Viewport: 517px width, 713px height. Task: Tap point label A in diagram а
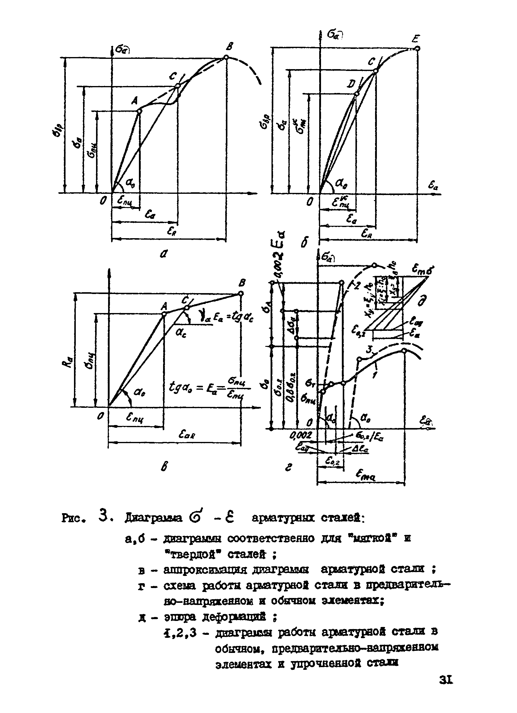click(x=135, y=101)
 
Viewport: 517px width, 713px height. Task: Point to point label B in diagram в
click(x=242, y=283)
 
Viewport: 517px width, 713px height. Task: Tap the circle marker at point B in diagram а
click(x=226, y=57)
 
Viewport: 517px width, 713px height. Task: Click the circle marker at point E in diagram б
click(x=417, y=48)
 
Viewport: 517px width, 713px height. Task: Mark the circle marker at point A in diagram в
click(x=164, y=313)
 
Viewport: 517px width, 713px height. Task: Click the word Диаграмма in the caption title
click(x=153, y=518)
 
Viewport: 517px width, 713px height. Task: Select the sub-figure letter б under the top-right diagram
click(x=304, y=242)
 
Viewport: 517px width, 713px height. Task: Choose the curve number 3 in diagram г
click(x=370, y=349)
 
